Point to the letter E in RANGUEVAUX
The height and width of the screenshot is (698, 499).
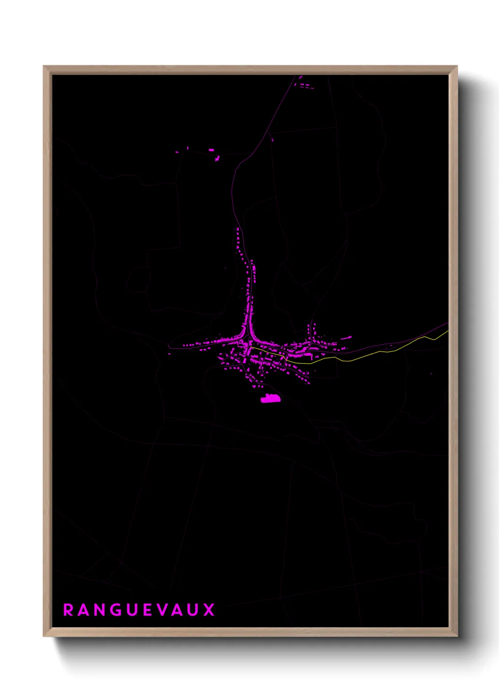[148, 610]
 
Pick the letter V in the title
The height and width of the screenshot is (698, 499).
[163, 610]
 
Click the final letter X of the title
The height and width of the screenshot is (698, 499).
[209, 610]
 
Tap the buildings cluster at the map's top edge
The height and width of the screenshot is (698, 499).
[305, 86]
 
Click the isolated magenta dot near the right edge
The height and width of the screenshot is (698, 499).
[431, 374]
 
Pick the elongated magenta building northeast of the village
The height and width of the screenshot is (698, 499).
[346, 338]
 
